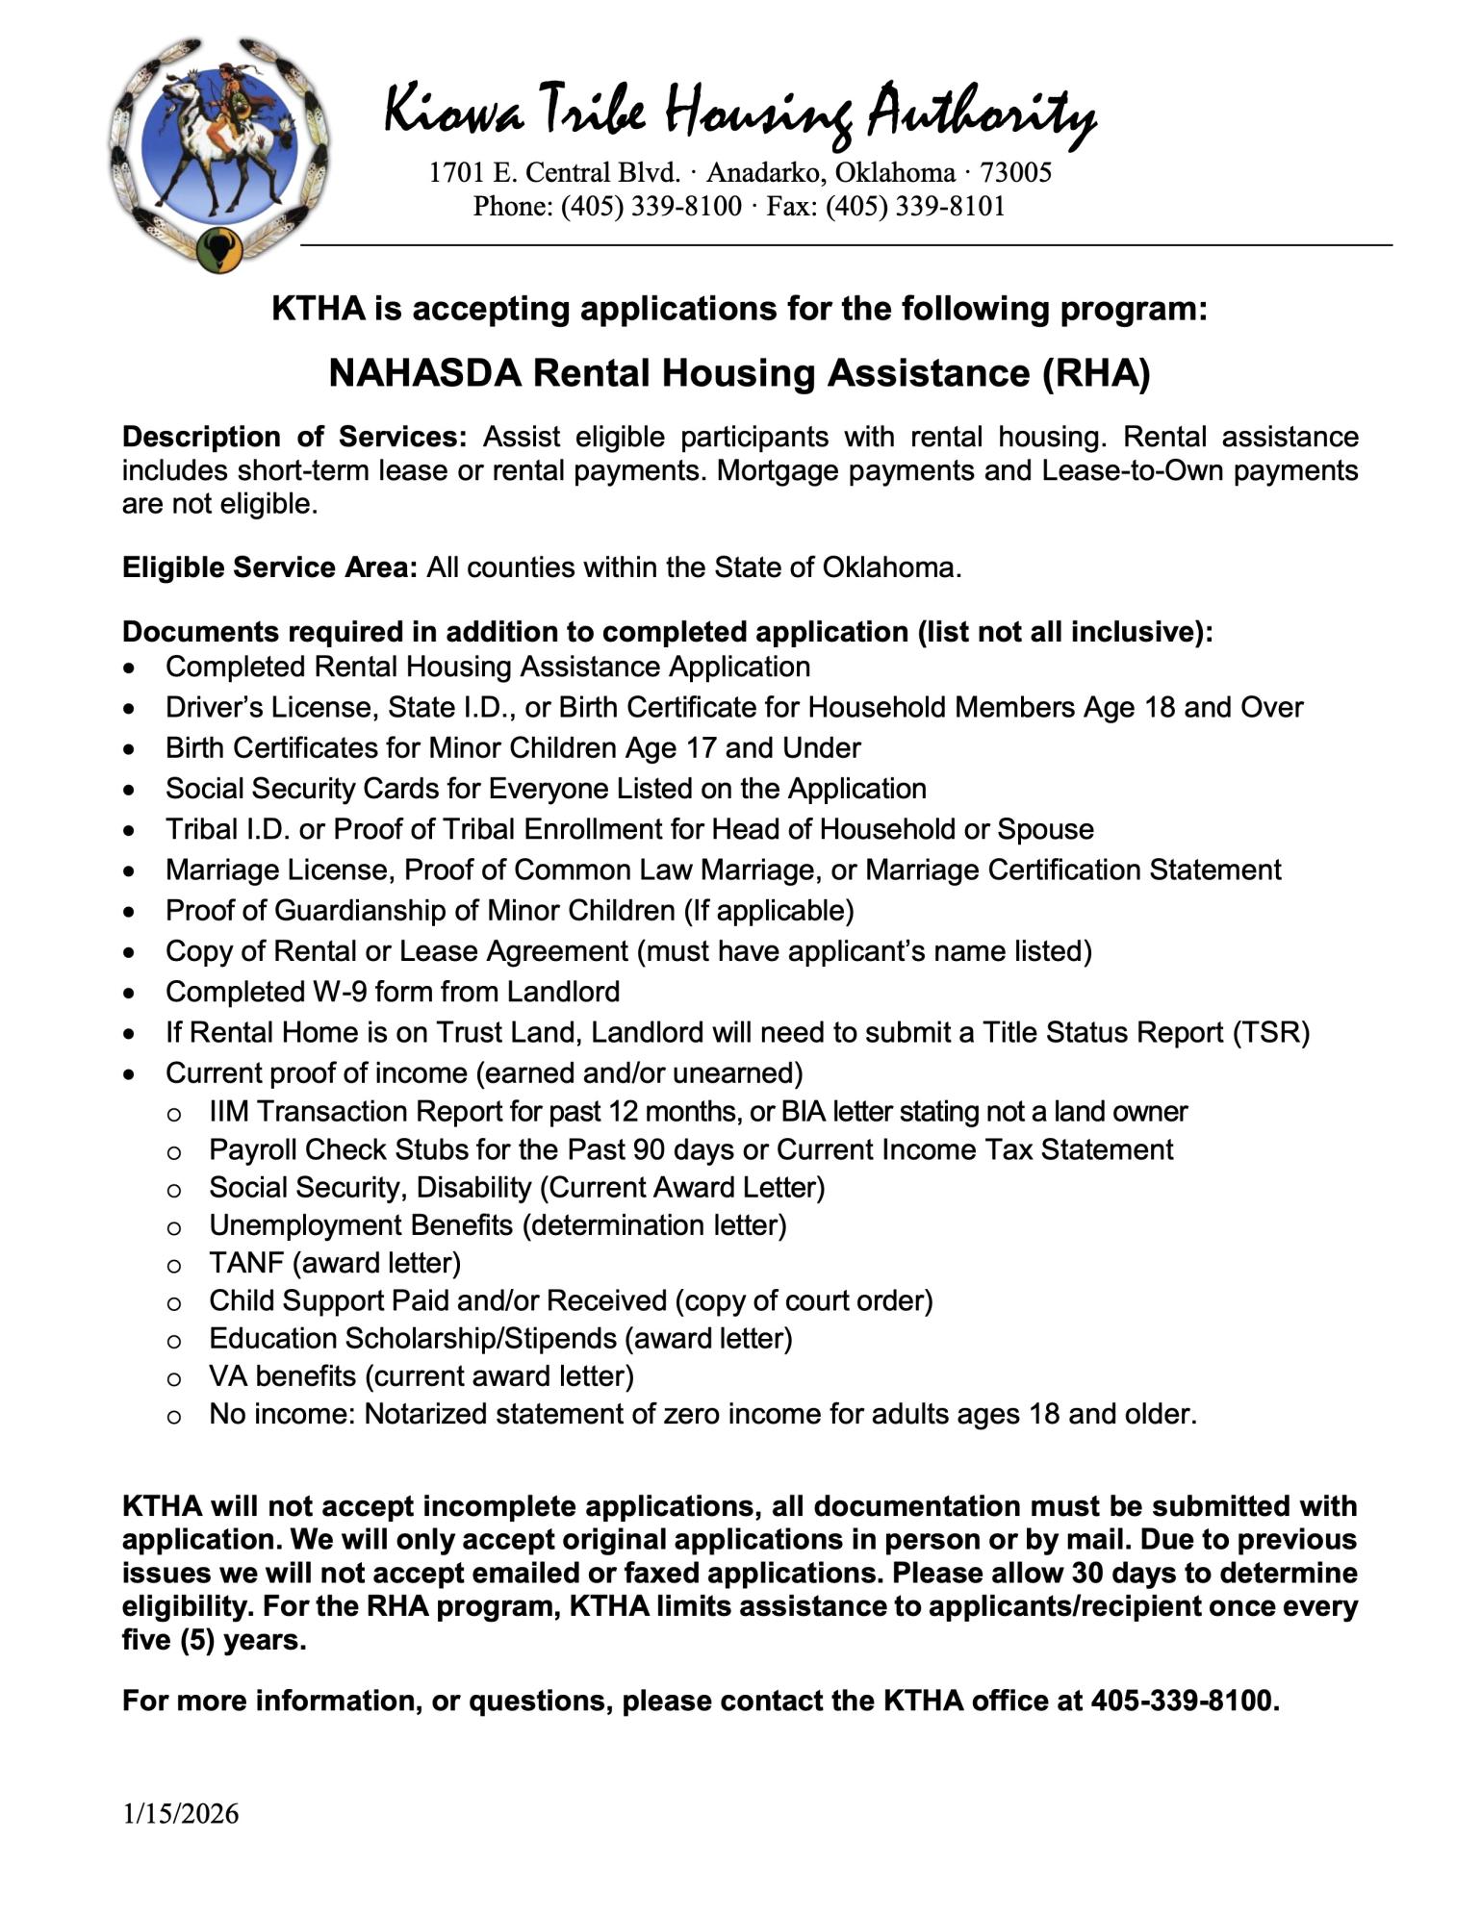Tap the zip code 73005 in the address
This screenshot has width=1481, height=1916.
tap(1015, 173)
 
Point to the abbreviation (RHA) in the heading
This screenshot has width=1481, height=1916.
tap(1096, 373)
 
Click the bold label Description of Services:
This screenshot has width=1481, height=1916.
tap(294, 437)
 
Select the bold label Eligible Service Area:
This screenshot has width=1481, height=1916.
tap(269, 567)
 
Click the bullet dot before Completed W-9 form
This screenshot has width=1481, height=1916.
tap(130, 993)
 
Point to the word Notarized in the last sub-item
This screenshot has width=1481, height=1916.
tap(429, 1414)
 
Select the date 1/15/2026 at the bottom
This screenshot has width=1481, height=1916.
tap(180, 1814)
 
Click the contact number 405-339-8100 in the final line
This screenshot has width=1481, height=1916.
tap(1183, 1701)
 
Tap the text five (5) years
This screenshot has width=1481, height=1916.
tap(214, 1639)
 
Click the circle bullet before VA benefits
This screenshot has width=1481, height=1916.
tap(174, 1378)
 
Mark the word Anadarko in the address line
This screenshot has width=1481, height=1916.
tap(762, 173)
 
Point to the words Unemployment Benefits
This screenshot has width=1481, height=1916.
tap(361, 1225)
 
